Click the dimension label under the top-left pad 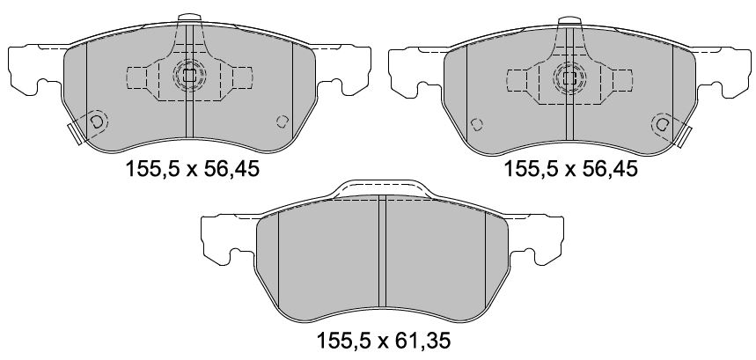point(193,169)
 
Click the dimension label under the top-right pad point(571,169)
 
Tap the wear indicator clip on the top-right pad point(684,136)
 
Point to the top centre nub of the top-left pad point(189,18)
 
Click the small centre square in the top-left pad point(189,75)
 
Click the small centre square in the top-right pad point(569,78)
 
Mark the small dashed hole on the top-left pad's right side point(282,121)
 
